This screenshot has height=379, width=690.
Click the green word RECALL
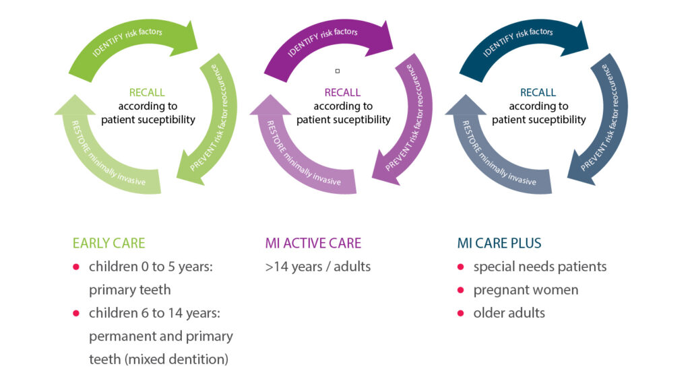point(147,92)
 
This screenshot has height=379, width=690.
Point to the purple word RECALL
point(342,92)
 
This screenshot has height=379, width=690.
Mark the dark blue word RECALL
point(538,92)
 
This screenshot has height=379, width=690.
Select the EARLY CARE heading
point(108,243)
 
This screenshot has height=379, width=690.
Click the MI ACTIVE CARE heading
point(313,243)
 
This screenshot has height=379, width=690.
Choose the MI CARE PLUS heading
point(499,243)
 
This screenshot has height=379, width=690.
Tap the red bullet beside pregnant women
point(461,290)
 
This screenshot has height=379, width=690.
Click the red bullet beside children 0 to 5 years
point(76,267)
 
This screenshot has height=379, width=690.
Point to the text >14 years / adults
point(318,267)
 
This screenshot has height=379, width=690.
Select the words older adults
point(509,313)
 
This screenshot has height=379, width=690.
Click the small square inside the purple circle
point(338,71)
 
